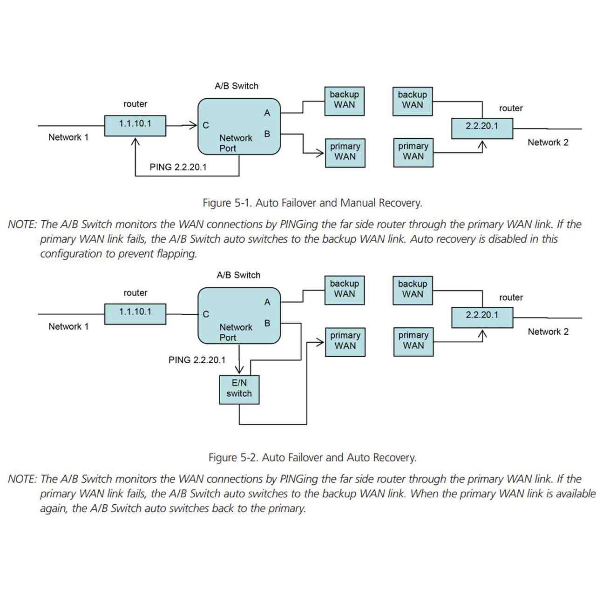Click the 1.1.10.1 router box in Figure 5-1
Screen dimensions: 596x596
tap(135, 125)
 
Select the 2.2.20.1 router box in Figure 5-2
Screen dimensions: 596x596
tap(482, 317)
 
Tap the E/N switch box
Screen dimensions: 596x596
tap(239, 389)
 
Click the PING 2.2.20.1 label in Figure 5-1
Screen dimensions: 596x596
tap(178, 167)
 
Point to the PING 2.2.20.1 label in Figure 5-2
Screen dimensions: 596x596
tap(197, 360)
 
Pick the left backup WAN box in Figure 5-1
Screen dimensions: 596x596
tap(344, 101)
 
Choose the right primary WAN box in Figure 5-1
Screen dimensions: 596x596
tap(413, 152)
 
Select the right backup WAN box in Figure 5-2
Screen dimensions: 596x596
tap(413, 290)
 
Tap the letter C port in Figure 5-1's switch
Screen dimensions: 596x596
tap(206, 125)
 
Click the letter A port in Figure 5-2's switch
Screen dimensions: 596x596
tap(267, 302)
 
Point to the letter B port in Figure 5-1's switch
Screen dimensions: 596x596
tap(267, 134)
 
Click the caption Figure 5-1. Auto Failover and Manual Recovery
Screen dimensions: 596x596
tap(312, 203)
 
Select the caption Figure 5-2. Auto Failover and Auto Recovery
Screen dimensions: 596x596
tap(312, 458)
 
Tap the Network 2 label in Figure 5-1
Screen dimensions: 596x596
tap(548, 142)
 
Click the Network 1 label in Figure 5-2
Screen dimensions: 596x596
tap(68, 326)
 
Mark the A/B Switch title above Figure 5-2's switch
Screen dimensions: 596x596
tap(238, 275)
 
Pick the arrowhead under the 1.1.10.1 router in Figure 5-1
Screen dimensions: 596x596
tap(135, 140)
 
